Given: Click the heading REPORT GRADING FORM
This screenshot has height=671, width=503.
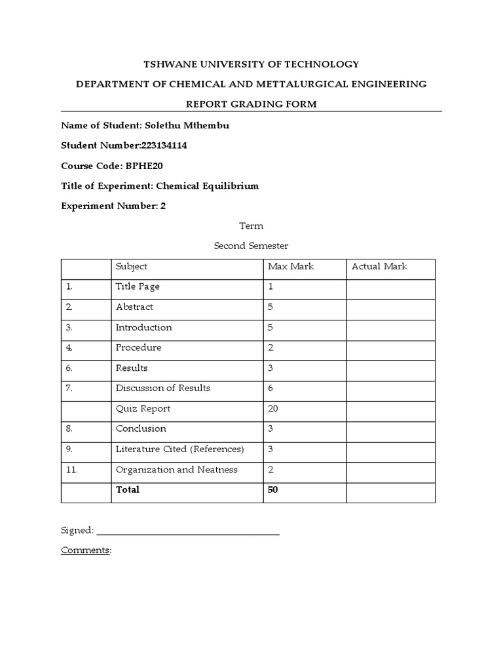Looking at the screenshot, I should click(251, 104).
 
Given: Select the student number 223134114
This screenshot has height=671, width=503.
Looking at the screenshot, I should click(164, 145).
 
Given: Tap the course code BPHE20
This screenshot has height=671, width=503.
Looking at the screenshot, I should click(140, 166).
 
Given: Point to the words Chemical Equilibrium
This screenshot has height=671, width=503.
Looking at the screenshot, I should click(206, 185).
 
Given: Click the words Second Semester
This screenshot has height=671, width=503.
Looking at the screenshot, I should click(251, 246).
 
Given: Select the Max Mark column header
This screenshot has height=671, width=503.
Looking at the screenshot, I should click(291, 266).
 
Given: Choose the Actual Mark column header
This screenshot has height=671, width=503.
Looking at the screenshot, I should click(379, 266).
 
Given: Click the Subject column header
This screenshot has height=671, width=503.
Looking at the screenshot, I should click(132, 266).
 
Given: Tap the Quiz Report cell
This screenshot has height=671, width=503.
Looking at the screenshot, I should click(143, 408).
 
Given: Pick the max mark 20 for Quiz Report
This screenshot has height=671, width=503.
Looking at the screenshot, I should click(273, 408).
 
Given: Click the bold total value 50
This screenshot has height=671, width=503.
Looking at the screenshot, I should click(273, 489).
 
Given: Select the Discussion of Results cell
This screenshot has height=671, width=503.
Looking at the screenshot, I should click(163, 388).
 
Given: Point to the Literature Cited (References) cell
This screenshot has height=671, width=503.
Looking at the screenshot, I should click(179, 449).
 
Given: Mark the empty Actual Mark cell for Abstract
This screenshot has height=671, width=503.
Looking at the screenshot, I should click(390, 307).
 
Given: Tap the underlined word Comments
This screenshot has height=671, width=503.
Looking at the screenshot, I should click(85, 550).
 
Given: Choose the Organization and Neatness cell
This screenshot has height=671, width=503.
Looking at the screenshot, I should click(176, 469).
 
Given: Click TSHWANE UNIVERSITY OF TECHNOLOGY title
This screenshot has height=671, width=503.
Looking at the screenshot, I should click(251, 64).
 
